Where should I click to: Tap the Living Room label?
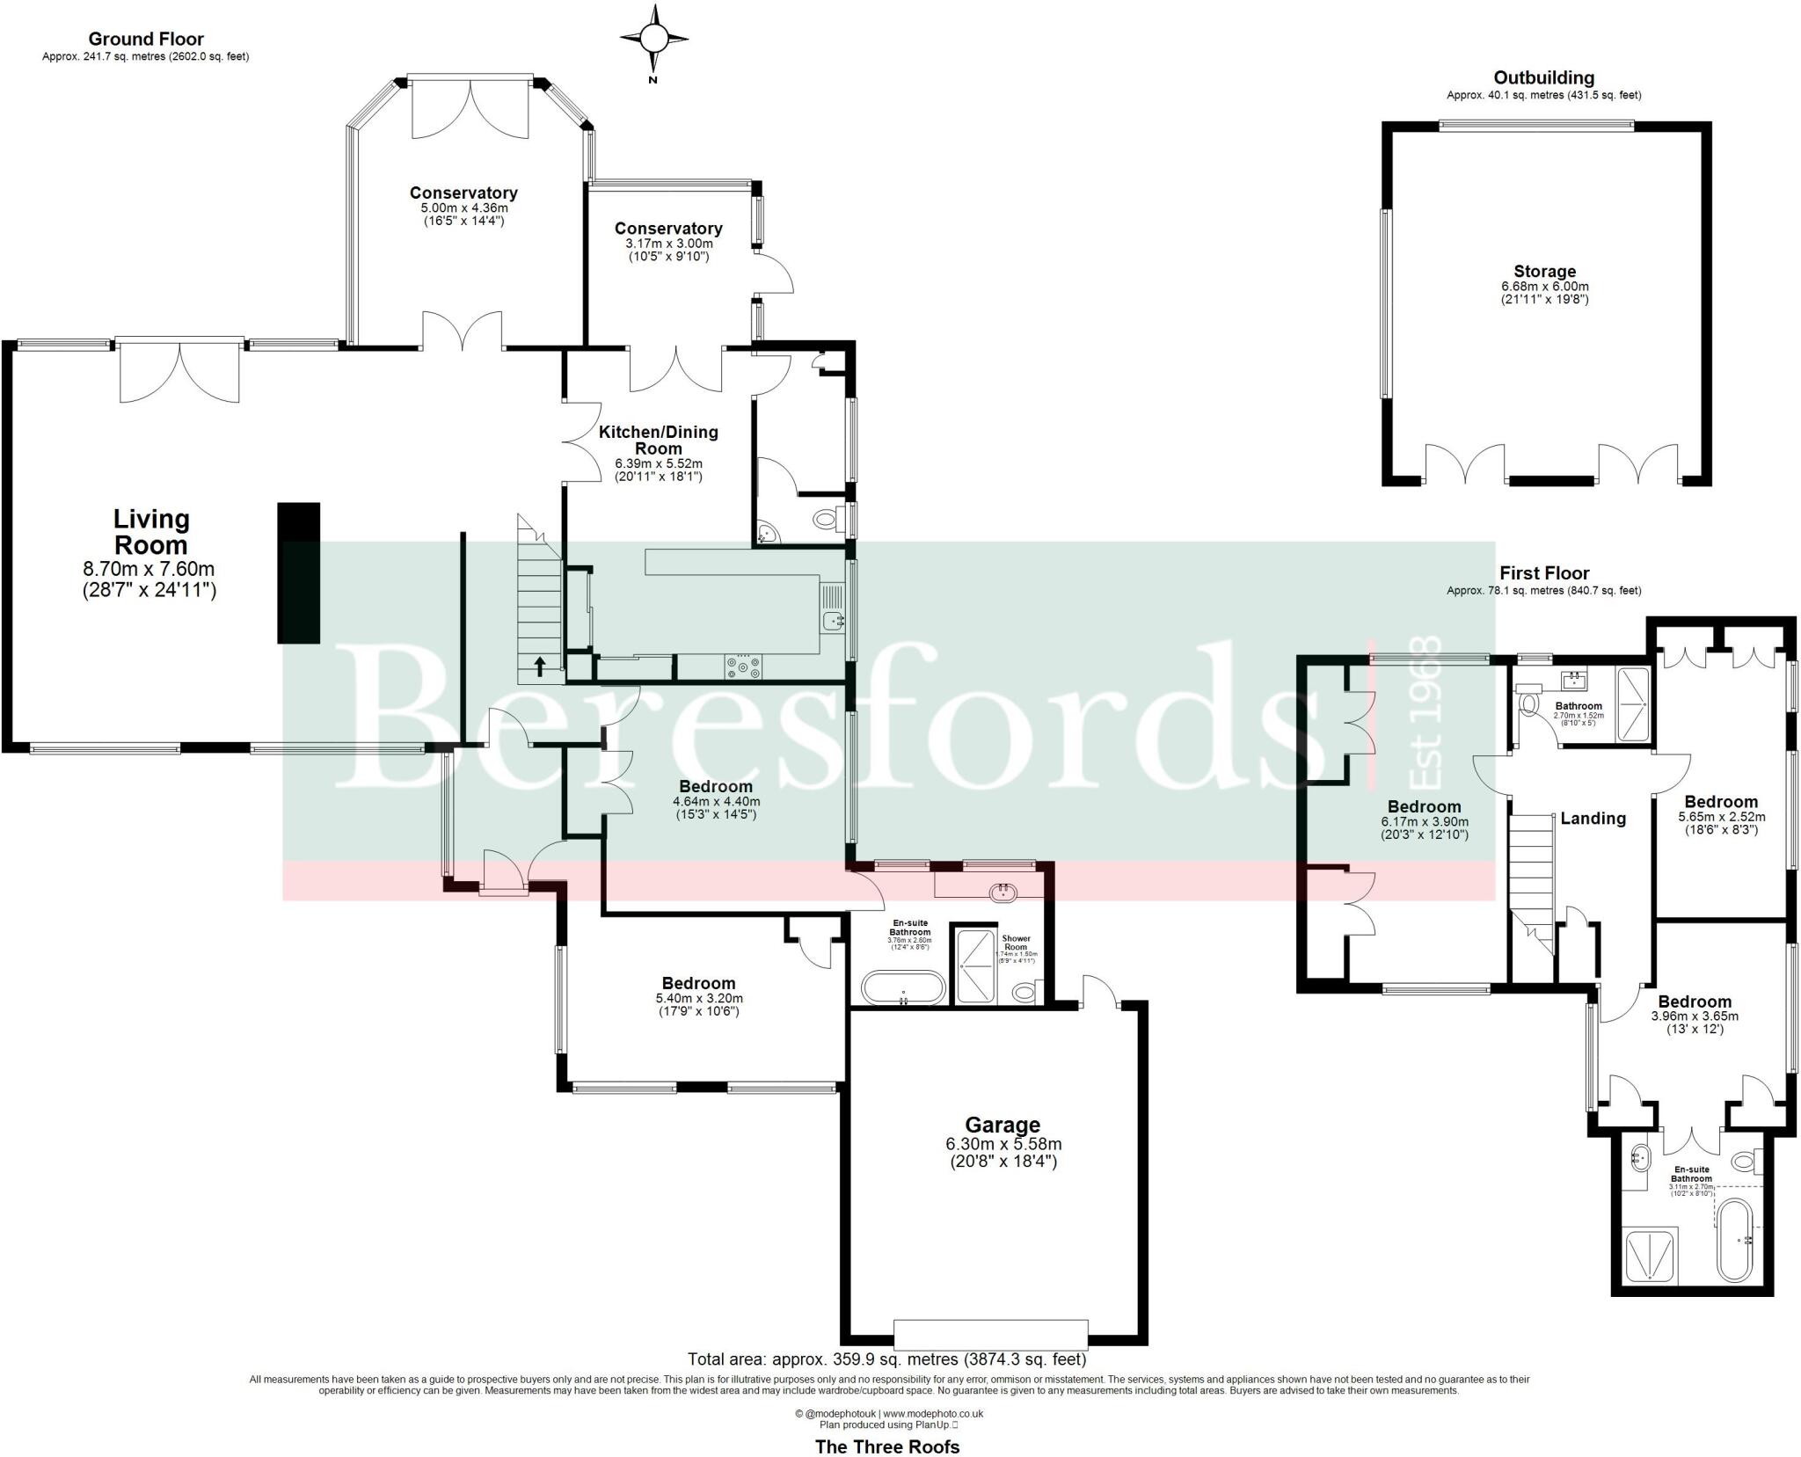click(150, 532)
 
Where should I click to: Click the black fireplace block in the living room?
click(299, 572)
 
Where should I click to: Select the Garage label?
click(1003, 1125)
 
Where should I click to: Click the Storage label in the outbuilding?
click(1544, 272)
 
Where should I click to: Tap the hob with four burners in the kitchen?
click(744, 668)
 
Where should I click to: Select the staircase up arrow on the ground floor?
click(539, 665)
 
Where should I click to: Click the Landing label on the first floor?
click(1593, 819)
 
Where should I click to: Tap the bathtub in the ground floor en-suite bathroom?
click(903, 987)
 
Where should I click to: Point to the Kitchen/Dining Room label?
click(658, 440)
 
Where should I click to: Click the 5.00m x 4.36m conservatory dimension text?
click(464, 208)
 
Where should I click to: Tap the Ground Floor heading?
click(146, 39)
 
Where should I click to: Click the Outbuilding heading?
click(1543, 77)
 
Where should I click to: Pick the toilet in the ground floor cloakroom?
click(826, 519)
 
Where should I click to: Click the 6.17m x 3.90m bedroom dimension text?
click(1425, 822)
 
